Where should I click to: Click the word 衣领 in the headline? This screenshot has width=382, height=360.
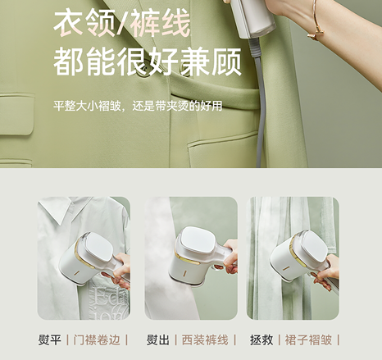[80, 25]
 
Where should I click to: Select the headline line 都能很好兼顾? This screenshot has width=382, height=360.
[134, 63]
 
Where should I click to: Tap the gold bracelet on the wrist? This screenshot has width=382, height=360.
[316, 25]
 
